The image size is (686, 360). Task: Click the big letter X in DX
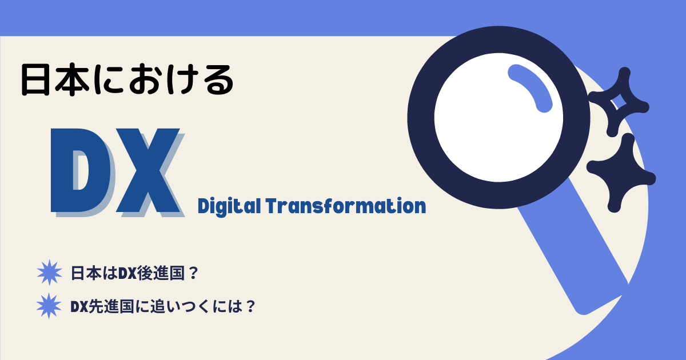coord(148,170)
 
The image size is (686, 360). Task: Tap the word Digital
coord(229,206)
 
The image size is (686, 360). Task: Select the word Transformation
coord(346,206)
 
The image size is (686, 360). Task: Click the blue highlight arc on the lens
coord(531,87)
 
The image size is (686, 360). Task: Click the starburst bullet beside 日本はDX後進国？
coord(49,273)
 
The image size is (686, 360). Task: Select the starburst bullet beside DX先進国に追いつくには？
coord(49,306)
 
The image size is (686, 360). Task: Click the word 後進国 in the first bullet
coord(160,273)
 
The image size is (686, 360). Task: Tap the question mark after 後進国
coord(194,273)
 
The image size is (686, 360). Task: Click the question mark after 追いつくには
coord(250,306)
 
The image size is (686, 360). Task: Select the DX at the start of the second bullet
coord(79,307)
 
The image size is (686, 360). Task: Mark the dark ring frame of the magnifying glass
coord(421,118)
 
